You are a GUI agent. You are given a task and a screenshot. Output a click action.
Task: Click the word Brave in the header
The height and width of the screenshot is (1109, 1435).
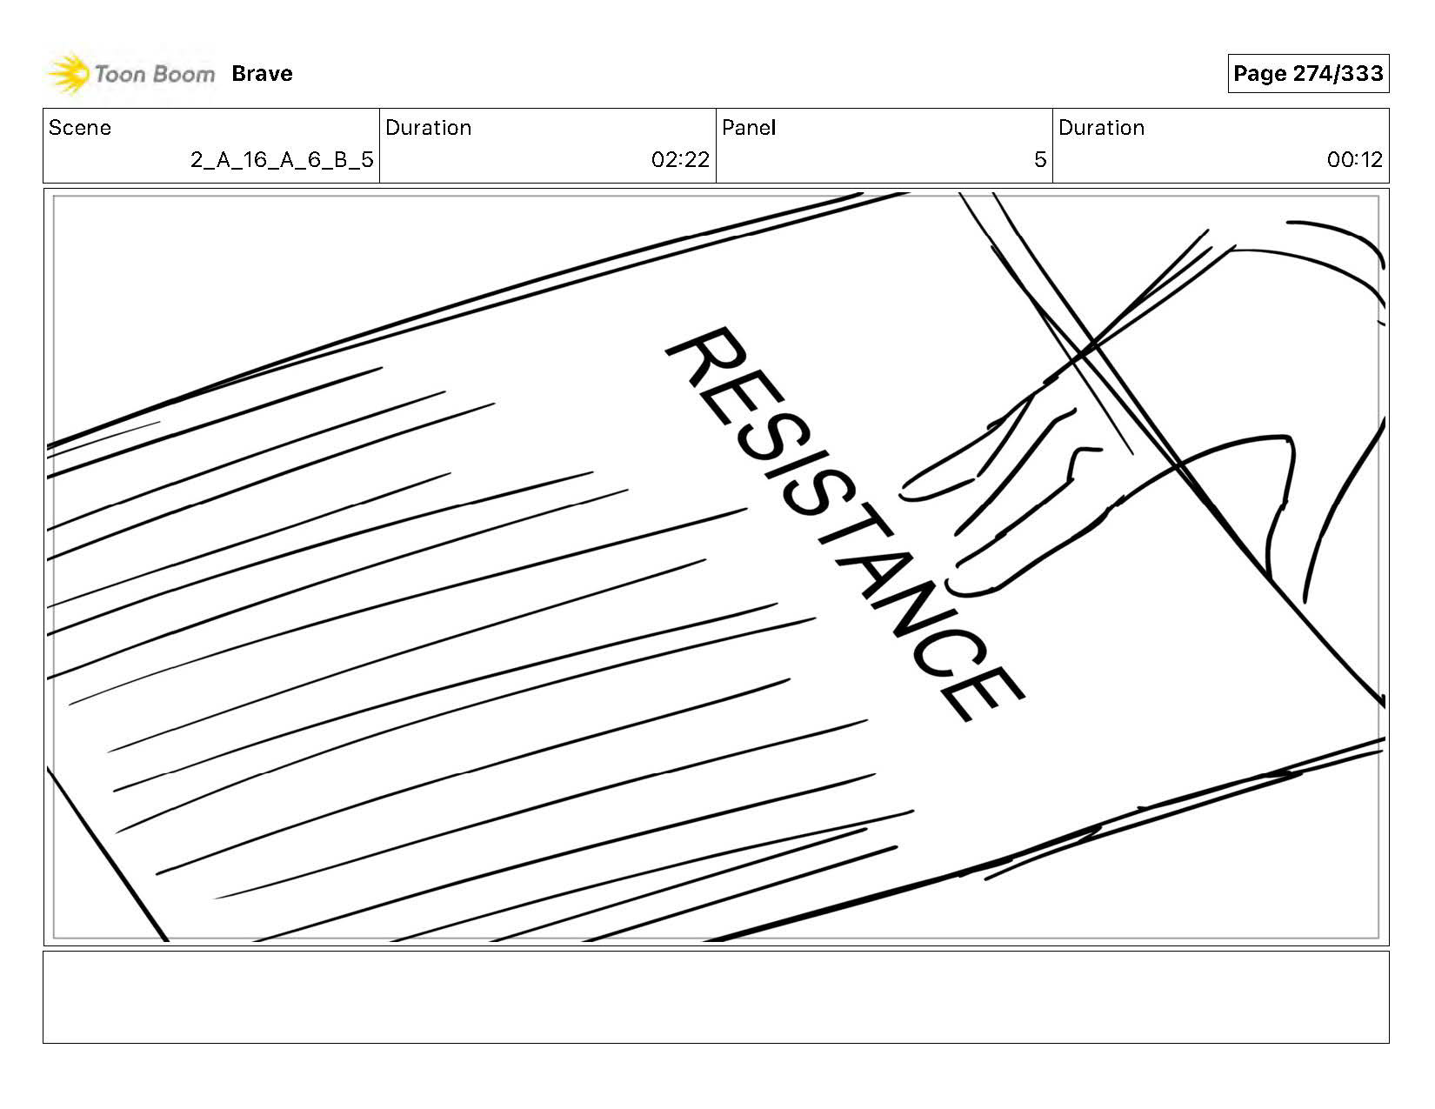click(x=262, y=74)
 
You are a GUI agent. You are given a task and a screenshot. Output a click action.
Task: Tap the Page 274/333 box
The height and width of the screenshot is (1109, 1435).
click(x=1307, y=74)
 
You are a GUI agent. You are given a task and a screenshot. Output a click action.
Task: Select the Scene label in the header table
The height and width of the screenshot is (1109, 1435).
click(x=80, y=128)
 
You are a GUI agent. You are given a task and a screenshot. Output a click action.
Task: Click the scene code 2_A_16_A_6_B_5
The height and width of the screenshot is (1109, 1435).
click(x=282, y=160)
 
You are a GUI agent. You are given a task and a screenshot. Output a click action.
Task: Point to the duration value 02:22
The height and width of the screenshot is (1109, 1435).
click(x=680, y=160)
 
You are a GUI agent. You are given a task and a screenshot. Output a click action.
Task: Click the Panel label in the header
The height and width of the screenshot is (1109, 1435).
click(x=748, y=128)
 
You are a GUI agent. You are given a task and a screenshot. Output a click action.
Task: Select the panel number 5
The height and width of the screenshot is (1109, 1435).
click(x=1039, y=160)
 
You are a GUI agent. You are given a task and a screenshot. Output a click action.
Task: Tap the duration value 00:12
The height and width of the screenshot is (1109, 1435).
click(x=1354, y=160)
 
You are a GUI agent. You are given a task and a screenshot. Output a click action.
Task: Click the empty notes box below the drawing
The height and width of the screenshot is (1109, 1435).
click(x=716, y=997)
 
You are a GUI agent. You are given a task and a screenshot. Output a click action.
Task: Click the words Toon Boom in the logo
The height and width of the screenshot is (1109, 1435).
click(x=154, y=74)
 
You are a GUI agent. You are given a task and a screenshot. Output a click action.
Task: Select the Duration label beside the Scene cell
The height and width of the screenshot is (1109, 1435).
click(x=428, y=128)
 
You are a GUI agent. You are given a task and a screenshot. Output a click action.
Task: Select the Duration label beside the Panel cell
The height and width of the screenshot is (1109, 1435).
click(x=1101, y=128)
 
